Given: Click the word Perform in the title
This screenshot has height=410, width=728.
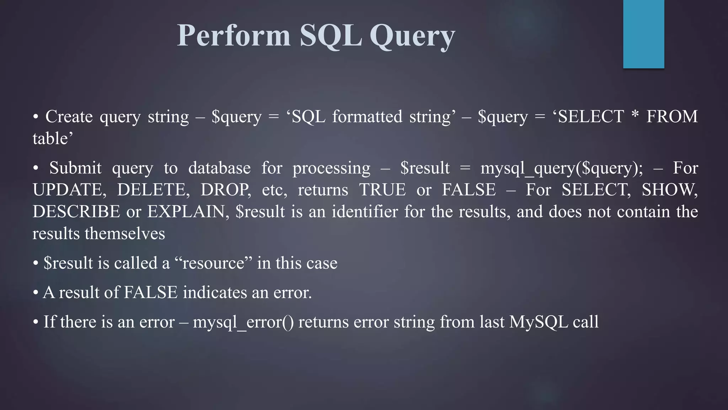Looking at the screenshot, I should tap(234, 36).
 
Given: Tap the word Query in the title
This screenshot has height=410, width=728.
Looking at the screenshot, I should tap(412, 36).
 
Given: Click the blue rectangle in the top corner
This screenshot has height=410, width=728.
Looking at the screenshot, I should tap(643, 34).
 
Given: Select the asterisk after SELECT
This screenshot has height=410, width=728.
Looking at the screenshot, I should tap(635, 116).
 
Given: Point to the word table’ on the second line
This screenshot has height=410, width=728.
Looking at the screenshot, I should tap(53, 138).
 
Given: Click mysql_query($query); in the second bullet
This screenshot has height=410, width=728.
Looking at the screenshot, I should tap(562, 168).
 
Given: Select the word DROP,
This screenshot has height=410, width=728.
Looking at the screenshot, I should tap(226, 190).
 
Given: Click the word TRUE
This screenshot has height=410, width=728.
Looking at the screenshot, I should tap(382, 190).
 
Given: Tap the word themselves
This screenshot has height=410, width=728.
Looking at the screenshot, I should tap(125, 234).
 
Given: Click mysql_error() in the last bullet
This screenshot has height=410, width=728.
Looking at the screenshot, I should tap(243, 322).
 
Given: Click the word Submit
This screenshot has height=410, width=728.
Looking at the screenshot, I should tap(75, 168).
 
